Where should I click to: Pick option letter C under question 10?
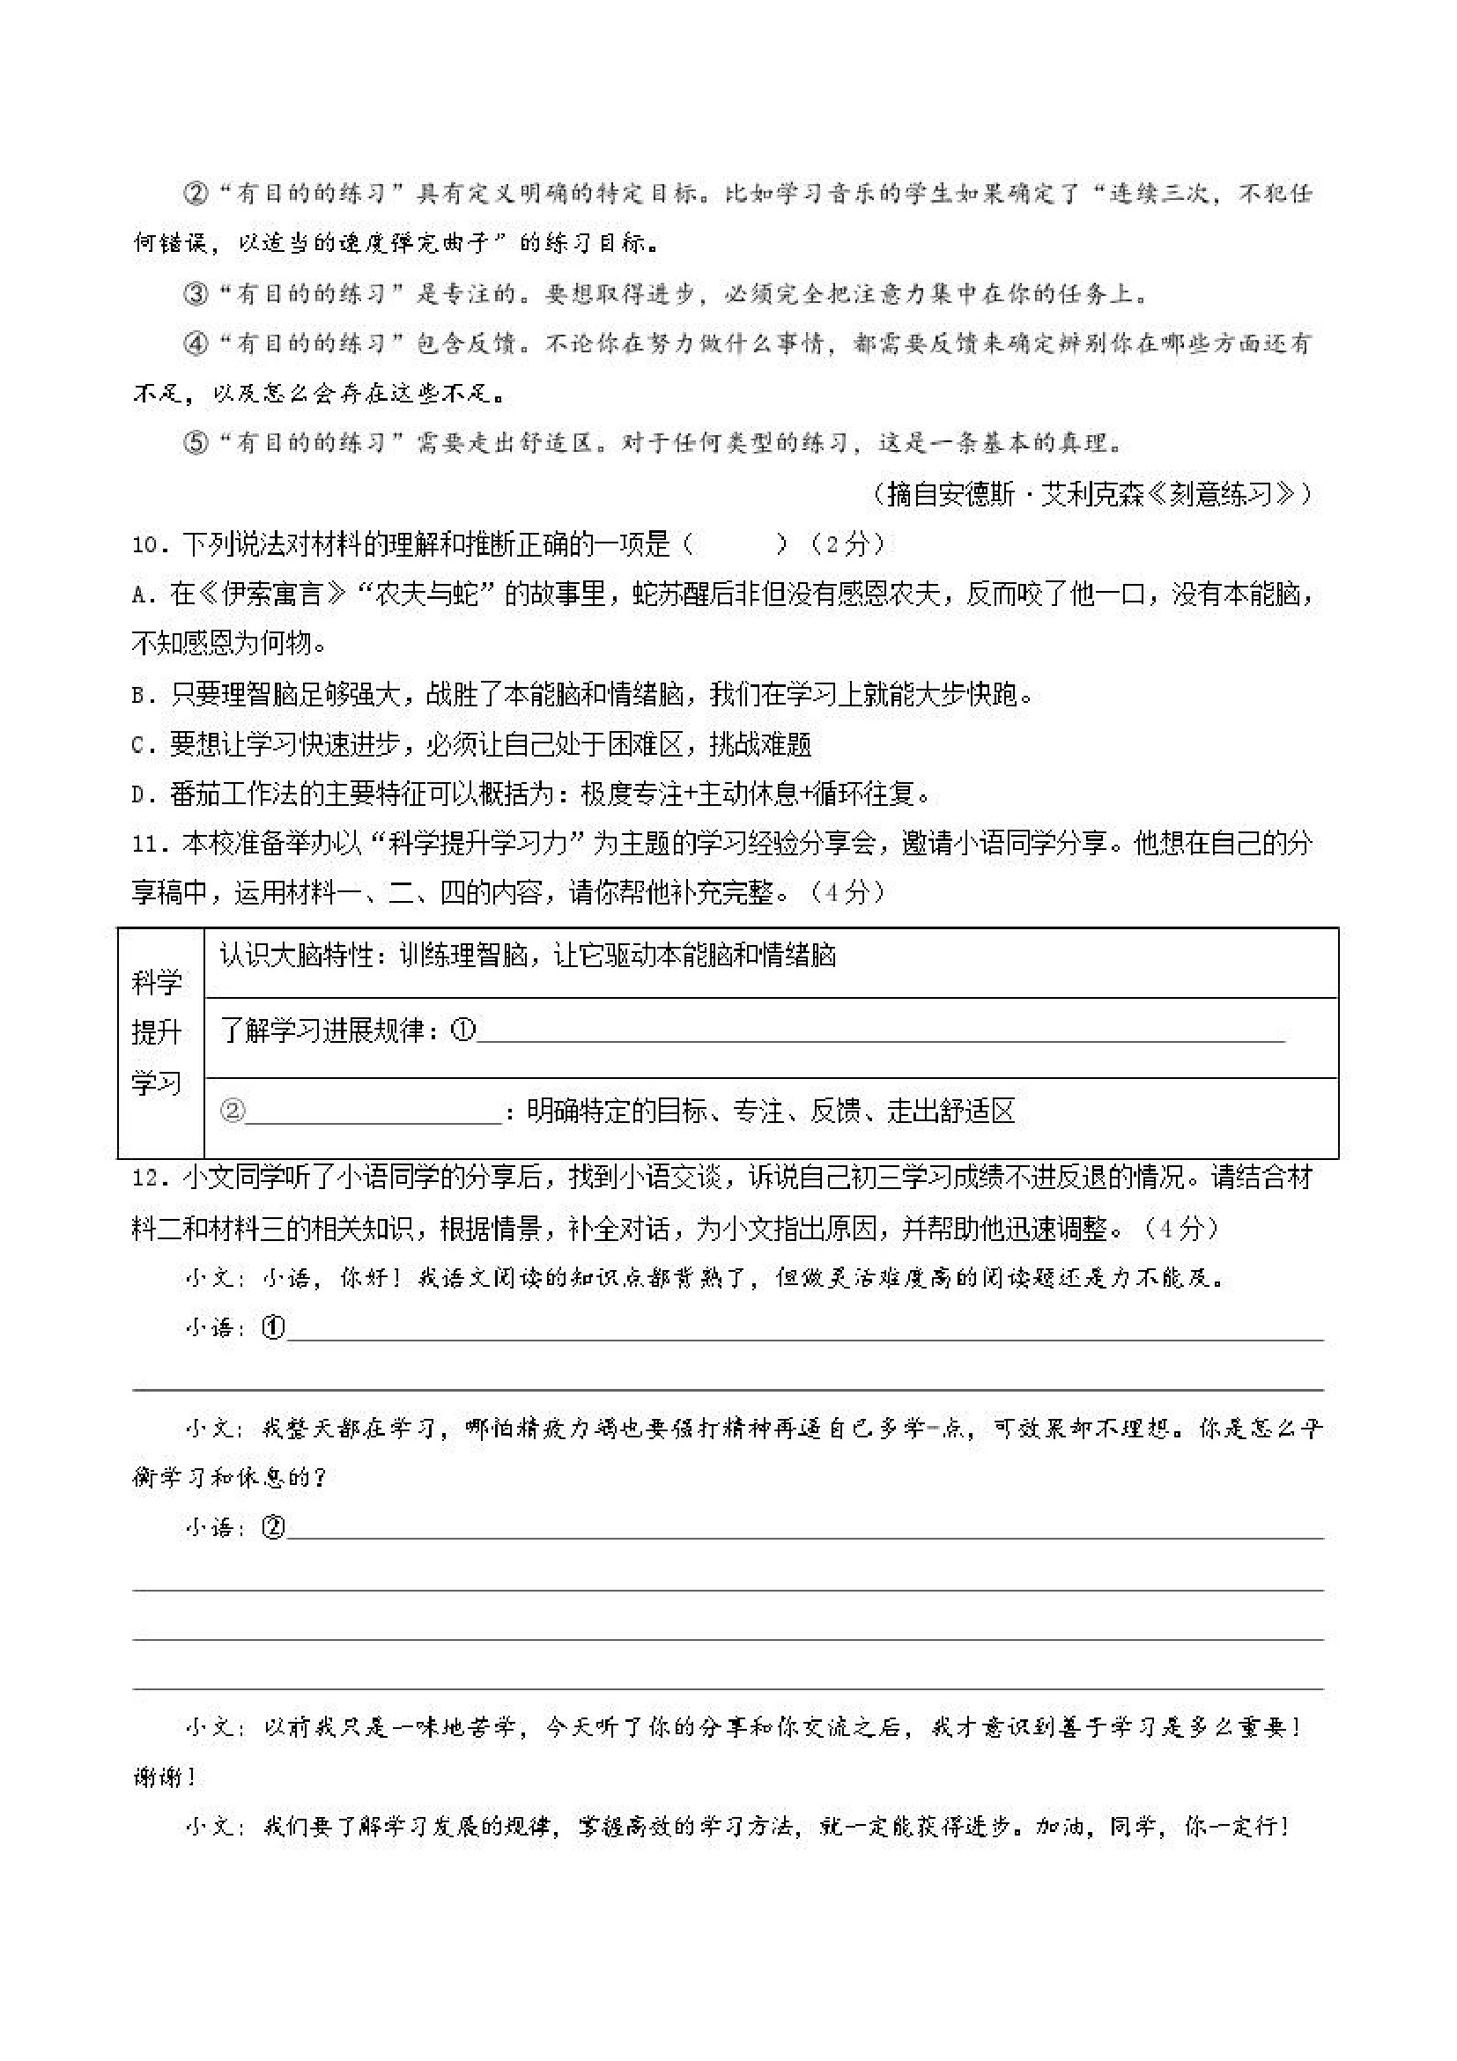click(140, 745)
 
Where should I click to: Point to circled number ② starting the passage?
click(195, 194)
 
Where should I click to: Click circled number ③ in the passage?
click(195, 293)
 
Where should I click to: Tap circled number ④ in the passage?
click(195, 343)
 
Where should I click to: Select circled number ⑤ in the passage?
click(195, 443)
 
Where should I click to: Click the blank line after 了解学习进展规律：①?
click(880, 1032)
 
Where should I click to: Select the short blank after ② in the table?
click(373, 1113)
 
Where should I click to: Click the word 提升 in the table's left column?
click(157, 1033)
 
